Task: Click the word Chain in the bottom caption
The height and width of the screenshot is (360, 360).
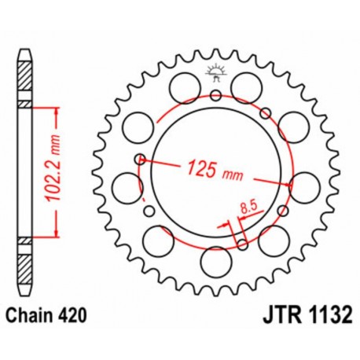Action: click(x=33, y=314)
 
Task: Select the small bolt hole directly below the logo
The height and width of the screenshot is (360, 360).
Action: click(x=215, y=96)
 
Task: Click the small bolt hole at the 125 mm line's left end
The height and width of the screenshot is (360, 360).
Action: click(x=139, y=159)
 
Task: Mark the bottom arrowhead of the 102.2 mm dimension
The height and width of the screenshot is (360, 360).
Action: click(x=55, y=233)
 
